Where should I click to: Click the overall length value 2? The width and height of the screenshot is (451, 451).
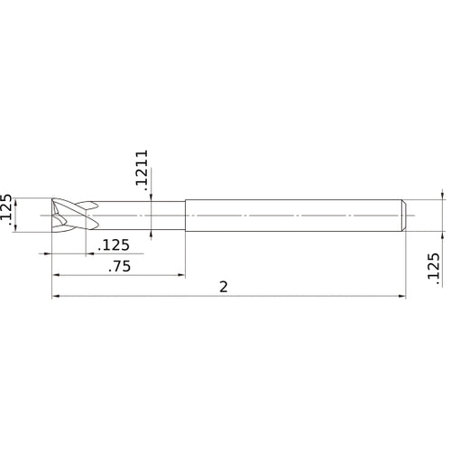coord(224,286)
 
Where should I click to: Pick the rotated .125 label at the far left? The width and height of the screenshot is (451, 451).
coord(9,213)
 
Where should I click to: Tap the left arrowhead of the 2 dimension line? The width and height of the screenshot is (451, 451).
coord(56,295)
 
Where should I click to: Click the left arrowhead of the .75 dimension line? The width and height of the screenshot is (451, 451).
coord(56,274)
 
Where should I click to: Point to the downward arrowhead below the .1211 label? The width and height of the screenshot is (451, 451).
coord(152,196)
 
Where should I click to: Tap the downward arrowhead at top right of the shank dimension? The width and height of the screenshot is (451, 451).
coord(443,195)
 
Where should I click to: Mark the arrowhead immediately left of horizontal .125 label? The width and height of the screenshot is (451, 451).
coord(84,254)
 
